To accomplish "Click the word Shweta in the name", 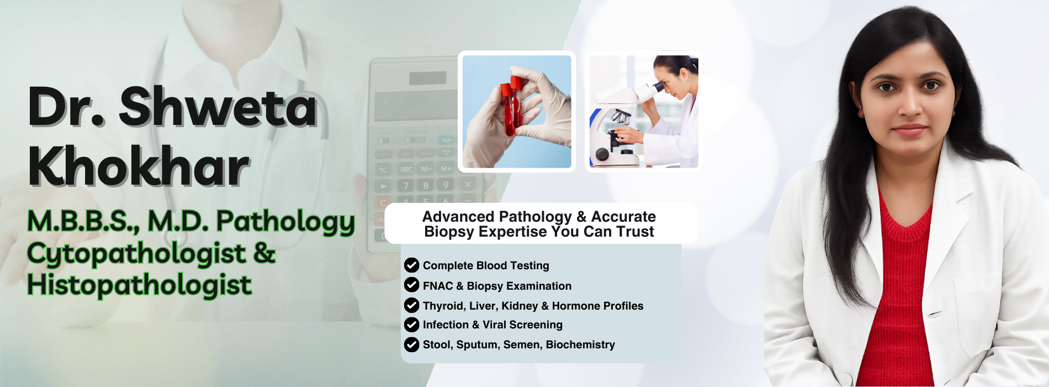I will pyautogui.click(x=218, y=107).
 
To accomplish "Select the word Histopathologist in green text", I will pyautogui.click(x=140, y=285).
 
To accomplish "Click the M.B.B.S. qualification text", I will pyautogui.click(x=83, y=221).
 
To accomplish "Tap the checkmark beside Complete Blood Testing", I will pyautogui.click(x=411, y=265).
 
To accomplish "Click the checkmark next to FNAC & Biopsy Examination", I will pyautogui.click(x=411, y=285).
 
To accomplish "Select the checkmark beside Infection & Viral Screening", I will pyautogui.click(x=411, y=325).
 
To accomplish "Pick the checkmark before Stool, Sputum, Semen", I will pyautogui.click(x=411, y=344).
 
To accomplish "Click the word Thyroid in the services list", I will pyautogui.click(x=443, y=306).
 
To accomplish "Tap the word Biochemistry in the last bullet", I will pyautogui.click(x=580, y=344).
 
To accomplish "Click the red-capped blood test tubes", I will pyautogui.click(x=512, y=105).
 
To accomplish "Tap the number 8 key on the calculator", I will pyautogui.click(x=426, y=186).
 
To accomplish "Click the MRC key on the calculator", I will pyautogui.click(x=406, y=169).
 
